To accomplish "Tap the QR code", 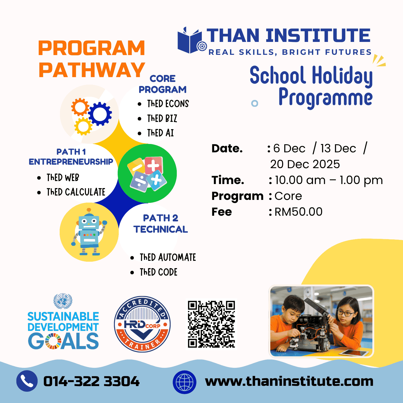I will click(x=211, y=324).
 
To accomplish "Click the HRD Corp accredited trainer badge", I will click(x=142, y=324).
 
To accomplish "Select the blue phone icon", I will click(x=27, y=381).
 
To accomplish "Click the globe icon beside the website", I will click(x=184, y=382).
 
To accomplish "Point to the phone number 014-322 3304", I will click(x=91, y=381).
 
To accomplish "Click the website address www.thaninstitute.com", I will click(x=289, y=381).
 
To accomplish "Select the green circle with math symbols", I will click(x=147, y=173).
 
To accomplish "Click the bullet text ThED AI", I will click(x=160, y=133).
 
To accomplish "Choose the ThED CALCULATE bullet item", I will click(x=76, y=192).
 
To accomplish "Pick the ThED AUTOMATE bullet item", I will click(x=168, y=257).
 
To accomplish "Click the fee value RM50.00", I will click(x=298, y=212).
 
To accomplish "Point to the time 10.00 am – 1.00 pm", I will click(x=329, y=180).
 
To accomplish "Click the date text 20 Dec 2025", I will click(x=305, y=164).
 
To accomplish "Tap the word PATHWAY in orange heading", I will click(x=92, y=70).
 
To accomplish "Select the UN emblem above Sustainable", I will click(x=63, y=301).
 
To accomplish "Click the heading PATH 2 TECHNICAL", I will click(x=161, y=224).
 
